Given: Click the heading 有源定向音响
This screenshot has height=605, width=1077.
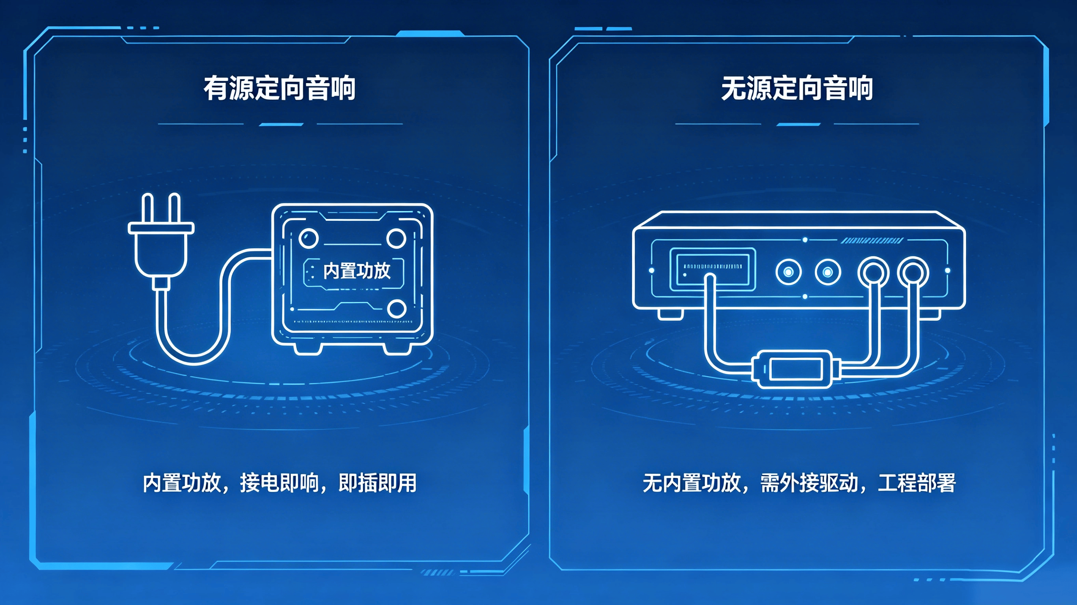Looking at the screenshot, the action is (x=279, y=88).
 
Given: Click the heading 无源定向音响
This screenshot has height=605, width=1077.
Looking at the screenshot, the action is (x=797, y=88).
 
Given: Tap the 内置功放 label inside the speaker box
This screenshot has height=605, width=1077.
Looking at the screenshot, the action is (x=357, y=271).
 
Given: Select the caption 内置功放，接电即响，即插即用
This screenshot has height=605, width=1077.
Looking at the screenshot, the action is (x=279, y=483).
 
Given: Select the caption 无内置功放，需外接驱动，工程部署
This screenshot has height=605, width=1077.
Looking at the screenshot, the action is (x=799, y=483).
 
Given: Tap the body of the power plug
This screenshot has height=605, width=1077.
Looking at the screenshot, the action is (x=161, y=251).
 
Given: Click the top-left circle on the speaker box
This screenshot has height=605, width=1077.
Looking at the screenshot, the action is (x=309, y=238).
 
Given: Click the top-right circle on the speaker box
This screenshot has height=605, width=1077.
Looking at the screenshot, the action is (x=396, y=238).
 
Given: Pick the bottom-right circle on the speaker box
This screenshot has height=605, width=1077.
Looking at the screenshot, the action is (x=396, y=309).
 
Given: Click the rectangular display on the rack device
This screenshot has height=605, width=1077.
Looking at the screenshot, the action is (x=713, y=269).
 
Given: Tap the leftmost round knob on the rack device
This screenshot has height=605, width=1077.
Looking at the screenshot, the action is (x=788, y=273).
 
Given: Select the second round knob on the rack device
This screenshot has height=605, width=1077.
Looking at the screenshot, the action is (x=828, y=273).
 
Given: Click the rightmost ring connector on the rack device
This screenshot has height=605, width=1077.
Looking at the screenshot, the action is (x=913, y=273).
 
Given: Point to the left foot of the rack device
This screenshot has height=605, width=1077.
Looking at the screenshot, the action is (x=671, y=314).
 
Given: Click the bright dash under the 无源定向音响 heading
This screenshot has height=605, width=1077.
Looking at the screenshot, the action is (x=798, y=124).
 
